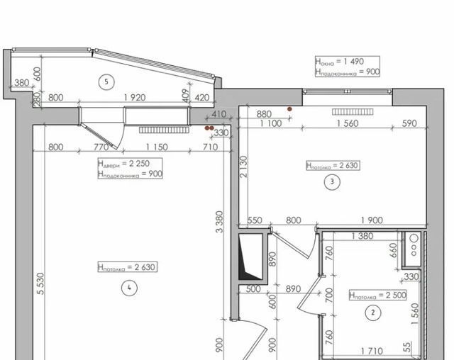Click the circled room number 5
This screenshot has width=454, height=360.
[106, 81]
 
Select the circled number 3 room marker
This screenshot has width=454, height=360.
[332, 181]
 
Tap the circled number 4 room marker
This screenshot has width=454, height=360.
[129, 288]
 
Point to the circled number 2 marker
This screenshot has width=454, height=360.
[373, 313]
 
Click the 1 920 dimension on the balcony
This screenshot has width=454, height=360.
[135, 98]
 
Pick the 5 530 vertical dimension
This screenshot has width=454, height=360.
[40, 283]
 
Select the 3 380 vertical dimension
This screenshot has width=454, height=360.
[220, 222]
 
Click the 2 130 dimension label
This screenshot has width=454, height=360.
[244, 167]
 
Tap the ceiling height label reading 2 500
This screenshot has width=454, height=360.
[377, 296]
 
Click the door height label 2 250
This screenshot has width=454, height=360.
[130, 164]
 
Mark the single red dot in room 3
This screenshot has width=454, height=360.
[289, 109]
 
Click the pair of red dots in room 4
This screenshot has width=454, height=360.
[209, 128]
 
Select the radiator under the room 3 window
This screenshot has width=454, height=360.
[353, 112]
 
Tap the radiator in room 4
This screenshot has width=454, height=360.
[164, 130]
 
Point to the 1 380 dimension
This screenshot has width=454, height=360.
[362, 236]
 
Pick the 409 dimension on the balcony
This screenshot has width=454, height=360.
[186, 95]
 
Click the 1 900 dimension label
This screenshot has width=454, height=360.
[372, 220]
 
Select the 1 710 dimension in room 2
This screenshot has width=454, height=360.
[372, 351]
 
